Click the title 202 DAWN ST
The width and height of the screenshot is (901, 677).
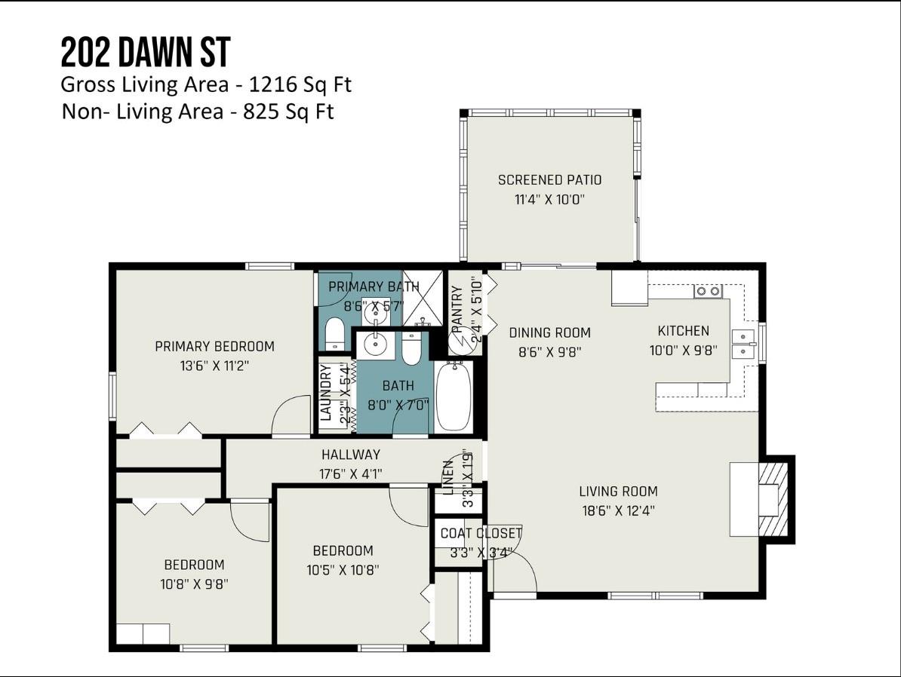[146, 52]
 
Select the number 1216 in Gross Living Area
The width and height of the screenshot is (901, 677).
[272, 84]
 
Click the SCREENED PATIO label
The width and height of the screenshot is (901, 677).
[549, 179]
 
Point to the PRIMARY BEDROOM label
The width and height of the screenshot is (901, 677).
[214, 346]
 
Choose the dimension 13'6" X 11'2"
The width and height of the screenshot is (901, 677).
[214, 366]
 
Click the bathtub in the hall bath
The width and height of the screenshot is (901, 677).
[454, 397]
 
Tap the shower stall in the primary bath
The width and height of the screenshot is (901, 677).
[423, 298]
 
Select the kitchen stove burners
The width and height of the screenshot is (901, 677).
[708, 291]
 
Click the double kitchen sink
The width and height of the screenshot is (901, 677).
[743, 343]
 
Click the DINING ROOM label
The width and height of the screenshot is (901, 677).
[549, 332]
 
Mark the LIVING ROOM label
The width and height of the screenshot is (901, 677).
[618, 491]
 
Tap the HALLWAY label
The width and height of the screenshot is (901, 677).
[351, 454]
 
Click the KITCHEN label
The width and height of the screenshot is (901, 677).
[683, 331]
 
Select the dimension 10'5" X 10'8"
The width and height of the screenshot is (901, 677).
[343, 570]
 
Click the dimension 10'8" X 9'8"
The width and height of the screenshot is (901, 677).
[194, 584]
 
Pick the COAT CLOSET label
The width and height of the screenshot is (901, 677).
[481, 533]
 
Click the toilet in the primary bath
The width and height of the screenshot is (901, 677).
[334, 334]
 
